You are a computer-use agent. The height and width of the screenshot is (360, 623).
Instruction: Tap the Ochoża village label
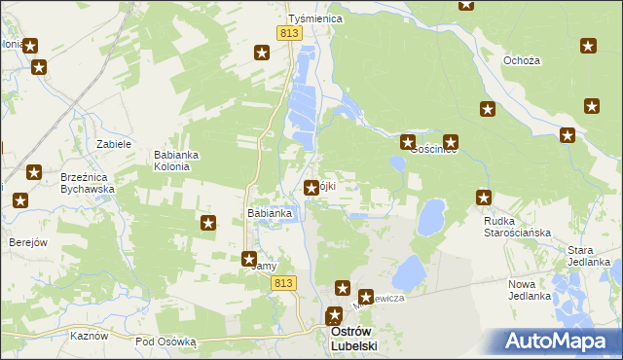(521, 60)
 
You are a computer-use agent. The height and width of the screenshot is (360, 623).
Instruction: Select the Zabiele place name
(114, 144)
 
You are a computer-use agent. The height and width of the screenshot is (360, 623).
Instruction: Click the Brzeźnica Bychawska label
(88, 184)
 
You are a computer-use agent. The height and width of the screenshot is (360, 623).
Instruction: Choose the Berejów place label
(28, 242)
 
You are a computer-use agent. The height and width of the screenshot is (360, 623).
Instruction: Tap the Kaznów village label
(89, 335)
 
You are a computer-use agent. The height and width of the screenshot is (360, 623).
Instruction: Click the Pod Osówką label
(165, 342)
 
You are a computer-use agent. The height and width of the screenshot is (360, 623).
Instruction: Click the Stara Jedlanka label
(588, 256)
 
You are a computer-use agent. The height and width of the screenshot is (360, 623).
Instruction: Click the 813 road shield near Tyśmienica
(288, 33)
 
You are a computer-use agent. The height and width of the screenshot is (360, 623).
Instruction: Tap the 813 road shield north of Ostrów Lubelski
(283, 282)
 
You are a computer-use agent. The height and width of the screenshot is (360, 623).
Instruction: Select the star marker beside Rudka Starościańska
(484, 198)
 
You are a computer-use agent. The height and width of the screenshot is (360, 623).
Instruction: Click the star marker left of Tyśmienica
(262, 53)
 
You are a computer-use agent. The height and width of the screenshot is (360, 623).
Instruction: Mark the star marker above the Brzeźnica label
(34, 173)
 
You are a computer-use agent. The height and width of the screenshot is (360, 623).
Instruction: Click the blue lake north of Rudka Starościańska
(431, 217)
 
